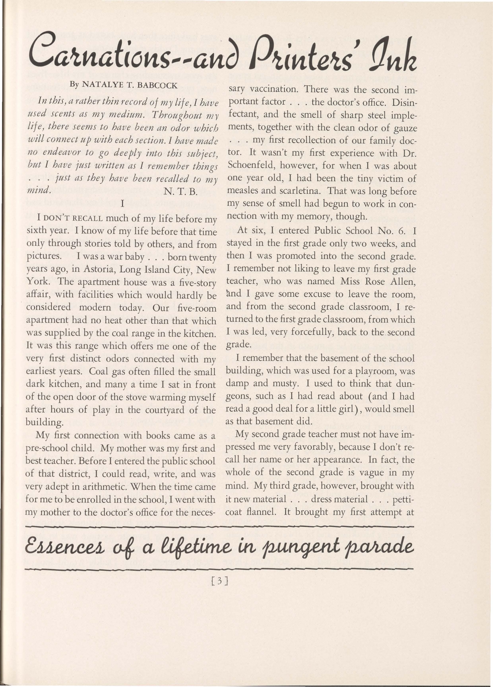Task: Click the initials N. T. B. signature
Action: point(180,192)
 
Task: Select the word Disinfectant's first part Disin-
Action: point(405,102)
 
